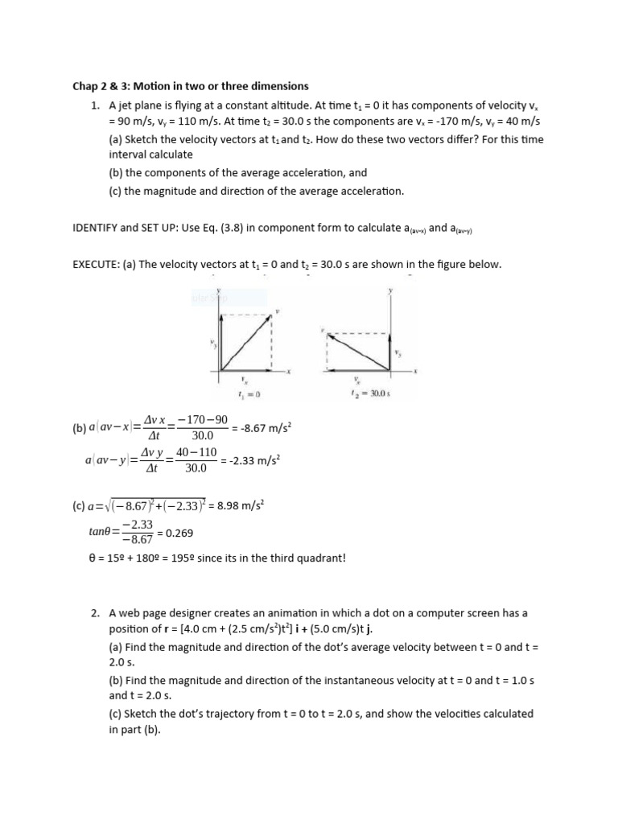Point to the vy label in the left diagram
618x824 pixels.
(x=213, y=344)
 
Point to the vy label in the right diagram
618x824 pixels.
(x=398, y=352)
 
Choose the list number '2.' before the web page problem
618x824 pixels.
(x=95, y=613)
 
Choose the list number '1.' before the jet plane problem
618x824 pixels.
(x=95, y=105)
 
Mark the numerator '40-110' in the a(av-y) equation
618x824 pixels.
(x=196, y=453)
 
